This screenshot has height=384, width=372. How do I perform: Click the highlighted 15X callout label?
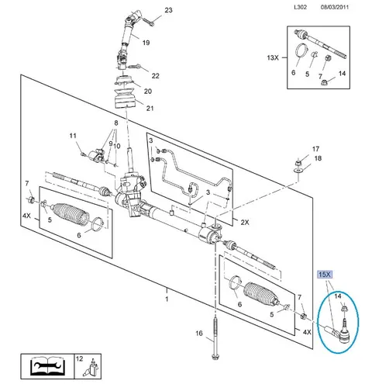click(x=325, y=275)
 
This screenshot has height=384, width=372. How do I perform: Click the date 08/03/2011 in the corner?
click(x=335, y=7)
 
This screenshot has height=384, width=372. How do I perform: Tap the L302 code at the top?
click(x=300, y=7)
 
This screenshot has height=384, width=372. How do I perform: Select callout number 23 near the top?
click(x=168, y=10)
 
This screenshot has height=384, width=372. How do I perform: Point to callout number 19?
click(x=146, y=43)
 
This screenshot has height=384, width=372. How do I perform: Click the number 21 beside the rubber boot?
click(x=150, y=109)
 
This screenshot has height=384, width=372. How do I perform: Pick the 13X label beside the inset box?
click(x=273, y=57)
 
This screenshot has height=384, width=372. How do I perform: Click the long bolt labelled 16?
click(x=215, y=339)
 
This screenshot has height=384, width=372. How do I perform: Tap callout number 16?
click(x=199, y=334)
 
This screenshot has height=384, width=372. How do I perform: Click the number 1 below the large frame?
click(x=167, y=299)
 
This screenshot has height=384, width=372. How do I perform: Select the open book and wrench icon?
click(x=48, y=366)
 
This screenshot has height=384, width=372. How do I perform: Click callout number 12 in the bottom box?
click(x=79, y=358)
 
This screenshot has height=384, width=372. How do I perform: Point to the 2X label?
click(x=245, y=223)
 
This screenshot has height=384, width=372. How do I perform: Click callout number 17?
click(x=315, y=149)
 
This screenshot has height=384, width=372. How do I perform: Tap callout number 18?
click(x=318, y=158)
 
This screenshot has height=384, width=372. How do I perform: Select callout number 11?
click(x=73, y=136)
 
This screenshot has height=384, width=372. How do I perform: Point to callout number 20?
click(x=148, y=92)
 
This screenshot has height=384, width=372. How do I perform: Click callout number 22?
click(x=155, y=76)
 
